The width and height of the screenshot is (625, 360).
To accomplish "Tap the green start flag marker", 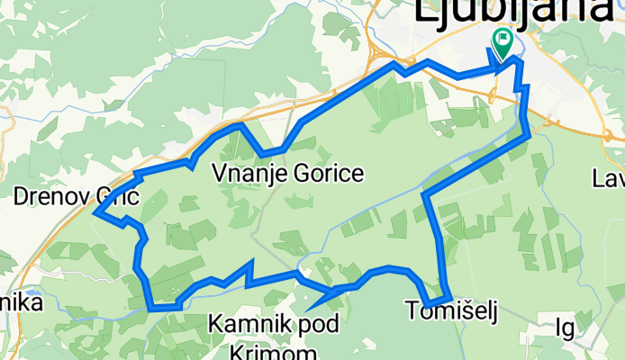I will point(502,40).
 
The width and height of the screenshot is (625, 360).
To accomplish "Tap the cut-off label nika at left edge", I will point(20,304).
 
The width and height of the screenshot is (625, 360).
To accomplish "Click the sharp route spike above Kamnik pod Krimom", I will point(252,262).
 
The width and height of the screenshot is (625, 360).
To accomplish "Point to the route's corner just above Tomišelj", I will point(448,296).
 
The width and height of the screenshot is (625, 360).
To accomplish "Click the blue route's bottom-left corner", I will point(151,306).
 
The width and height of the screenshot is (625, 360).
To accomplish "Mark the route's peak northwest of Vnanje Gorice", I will point(240,125).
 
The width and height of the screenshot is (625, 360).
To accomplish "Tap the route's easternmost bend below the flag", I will point(528,135).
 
